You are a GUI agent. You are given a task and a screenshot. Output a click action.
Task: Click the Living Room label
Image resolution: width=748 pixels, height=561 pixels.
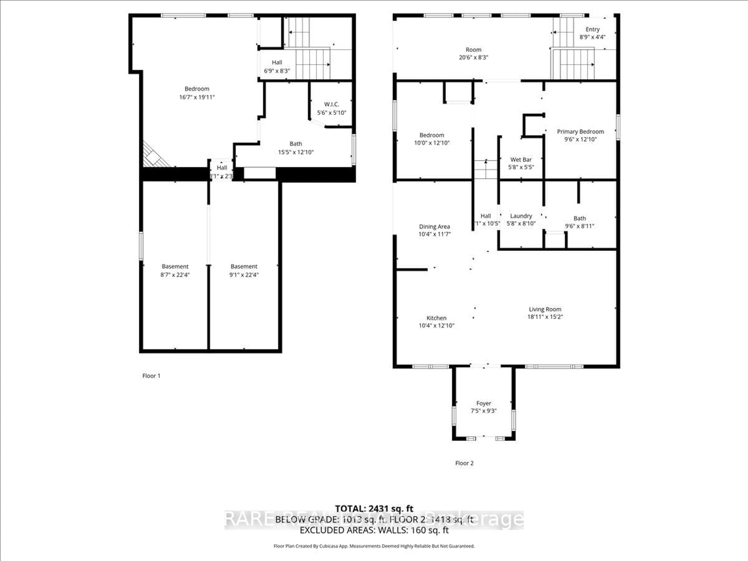(x=545, y=309)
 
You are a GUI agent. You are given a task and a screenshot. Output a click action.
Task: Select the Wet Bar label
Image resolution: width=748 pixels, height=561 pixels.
(x=521, y=160)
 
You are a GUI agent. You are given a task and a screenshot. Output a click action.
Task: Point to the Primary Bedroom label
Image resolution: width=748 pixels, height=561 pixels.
(x=580, y=131)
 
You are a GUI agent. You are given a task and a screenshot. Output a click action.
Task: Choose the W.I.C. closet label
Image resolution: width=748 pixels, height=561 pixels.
(x=331, y=104)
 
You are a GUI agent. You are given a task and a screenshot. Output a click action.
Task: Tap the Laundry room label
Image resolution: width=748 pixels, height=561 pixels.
(x=521, y=216)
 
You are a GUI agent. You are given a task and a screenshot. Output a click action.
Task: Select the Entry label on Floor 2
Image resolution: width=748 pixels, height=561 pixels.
(x=592, y=29)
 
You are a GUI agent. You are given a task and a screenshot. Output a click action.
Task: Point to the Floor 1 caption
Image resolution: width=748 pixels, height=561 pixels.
(x=151, y=376)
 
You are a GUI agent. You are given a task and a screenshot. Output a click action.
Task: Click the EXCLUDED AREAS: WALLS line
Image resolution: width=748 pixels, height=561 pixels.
(x=374, y=530)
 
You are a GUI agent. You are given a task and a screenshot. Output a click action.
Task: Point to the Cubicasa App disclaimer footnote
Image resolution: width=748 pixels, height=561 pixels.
(x=374, y=546)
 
